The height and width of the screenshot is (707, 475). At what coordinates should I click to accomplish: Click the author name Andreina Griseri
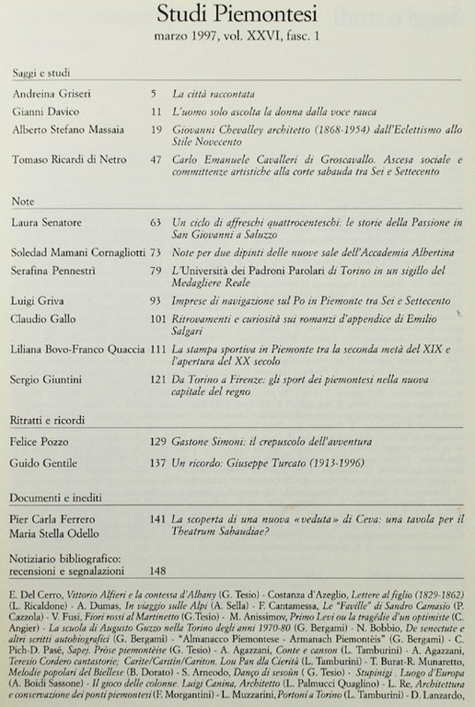click(52, 96)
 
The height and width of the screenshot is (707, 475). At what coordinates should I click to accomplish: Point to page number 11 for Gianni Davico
click(156, 113)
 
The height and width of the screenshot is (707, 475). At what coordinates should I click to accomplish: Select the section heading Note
click(25, 201)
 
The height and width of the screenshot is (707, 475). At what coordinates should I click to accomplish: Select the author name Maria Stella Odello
click(58, 536)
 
